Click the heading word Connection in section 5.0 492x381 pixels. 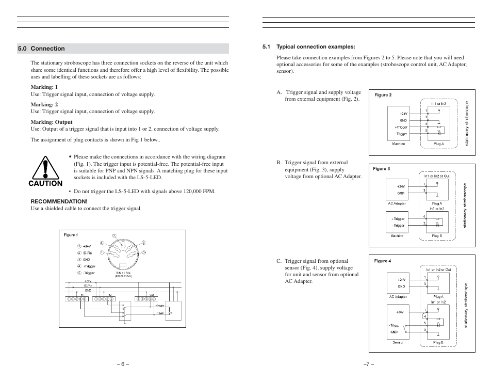(x=47, y=49)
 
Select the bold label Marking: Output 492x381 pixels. (x=52, y=122)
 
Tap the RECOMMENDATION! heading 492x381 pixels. (x=59, y=201)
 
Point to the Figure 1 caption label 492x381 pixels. (x=71, y=235)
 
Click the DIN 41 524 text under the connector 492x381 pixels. (x=123, y=273)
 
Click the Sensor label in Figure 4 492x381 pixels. (x=398, y=342)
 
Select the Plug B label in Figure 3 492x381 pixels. (x=436, y=236)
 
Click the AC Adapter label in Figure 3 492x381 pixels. (x=397, y=203)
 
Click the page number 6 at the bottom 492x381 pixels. (x=122, y=364)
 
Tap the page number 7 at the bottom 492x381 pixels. (x=368, y=364)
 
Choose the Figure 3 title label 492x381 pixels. (x=382, y=169)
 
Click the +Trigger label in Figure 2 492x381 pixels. (x=401, y=127)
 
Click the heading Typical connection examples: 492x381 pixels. (x=316, y=46)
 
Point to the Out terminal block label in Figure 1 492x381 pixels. (x=152, y=295)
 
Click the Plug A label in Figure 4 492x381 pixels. (x=438, y=297)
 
